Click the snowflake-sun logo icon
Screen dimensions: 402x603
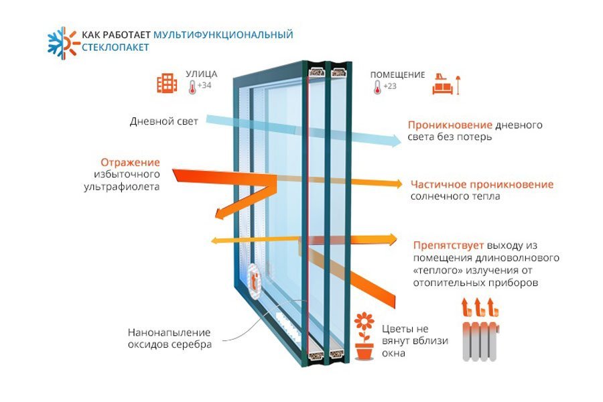[x=61, y=41]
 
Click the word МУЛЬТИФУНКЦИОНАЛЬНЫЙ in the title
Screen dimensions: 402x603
[x=223, y=34]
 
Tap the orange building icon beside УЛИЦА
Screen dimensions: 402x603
[x=167, y=83]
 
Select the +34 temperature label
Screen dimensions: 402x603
[x=204, y=86]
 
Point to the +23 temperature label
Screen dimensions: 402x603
[x=390, y=86]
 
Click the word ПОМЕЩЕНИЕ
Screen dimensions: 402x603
[x=397, y=74]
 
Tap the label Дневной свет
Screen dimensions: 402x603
[x=164, y=122]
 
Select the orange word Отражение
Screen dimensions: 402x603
[x=131, y=162]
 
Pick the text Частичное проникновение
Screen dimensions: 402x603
[x=482, y=184]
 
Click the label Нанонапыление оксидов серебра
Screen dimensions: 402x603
[x=169, y=338]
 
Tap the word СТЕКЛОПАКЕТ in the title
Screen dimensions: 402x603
[x=115, y=48]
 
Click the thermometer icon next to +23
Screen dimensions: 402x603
[x=377, y=86]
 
